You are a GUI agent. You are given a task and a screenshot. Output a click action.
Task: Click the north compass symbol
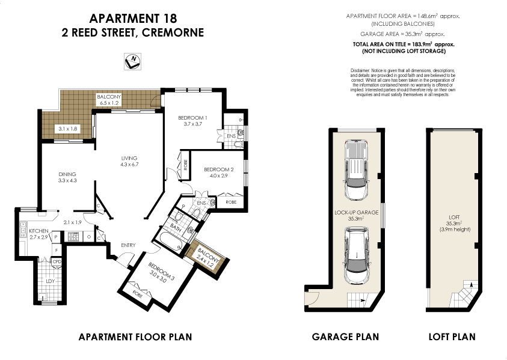pyautogui.click(x=132, y=60)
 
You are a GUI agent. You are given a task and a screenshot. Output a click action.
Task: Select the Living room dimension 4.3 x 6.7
pyautogui.click(x=129, y=165)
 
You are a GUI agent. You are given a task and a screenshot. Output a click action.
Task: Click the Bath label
pyautogui.click(x=176, y=228)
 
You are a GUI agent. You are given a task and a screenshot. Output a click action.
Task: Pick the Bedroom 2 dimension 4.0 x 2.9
pyautogui.click(x=215, y=176)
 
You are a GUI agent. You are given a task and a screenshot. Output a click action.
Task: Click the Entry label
pyautogui.click(x=128, y=245)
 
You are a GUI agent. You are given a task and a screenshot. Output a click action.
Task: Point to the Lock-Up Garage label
pyautogui.click(x=357, y=213)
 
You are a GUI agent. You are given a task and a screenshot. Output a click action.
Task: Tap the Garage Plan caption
pyautogui.click(x=345, y=337)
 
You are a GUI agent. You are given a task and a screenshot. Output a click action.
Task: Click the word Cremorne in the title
pyautogui.click(x=173, y=32)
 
